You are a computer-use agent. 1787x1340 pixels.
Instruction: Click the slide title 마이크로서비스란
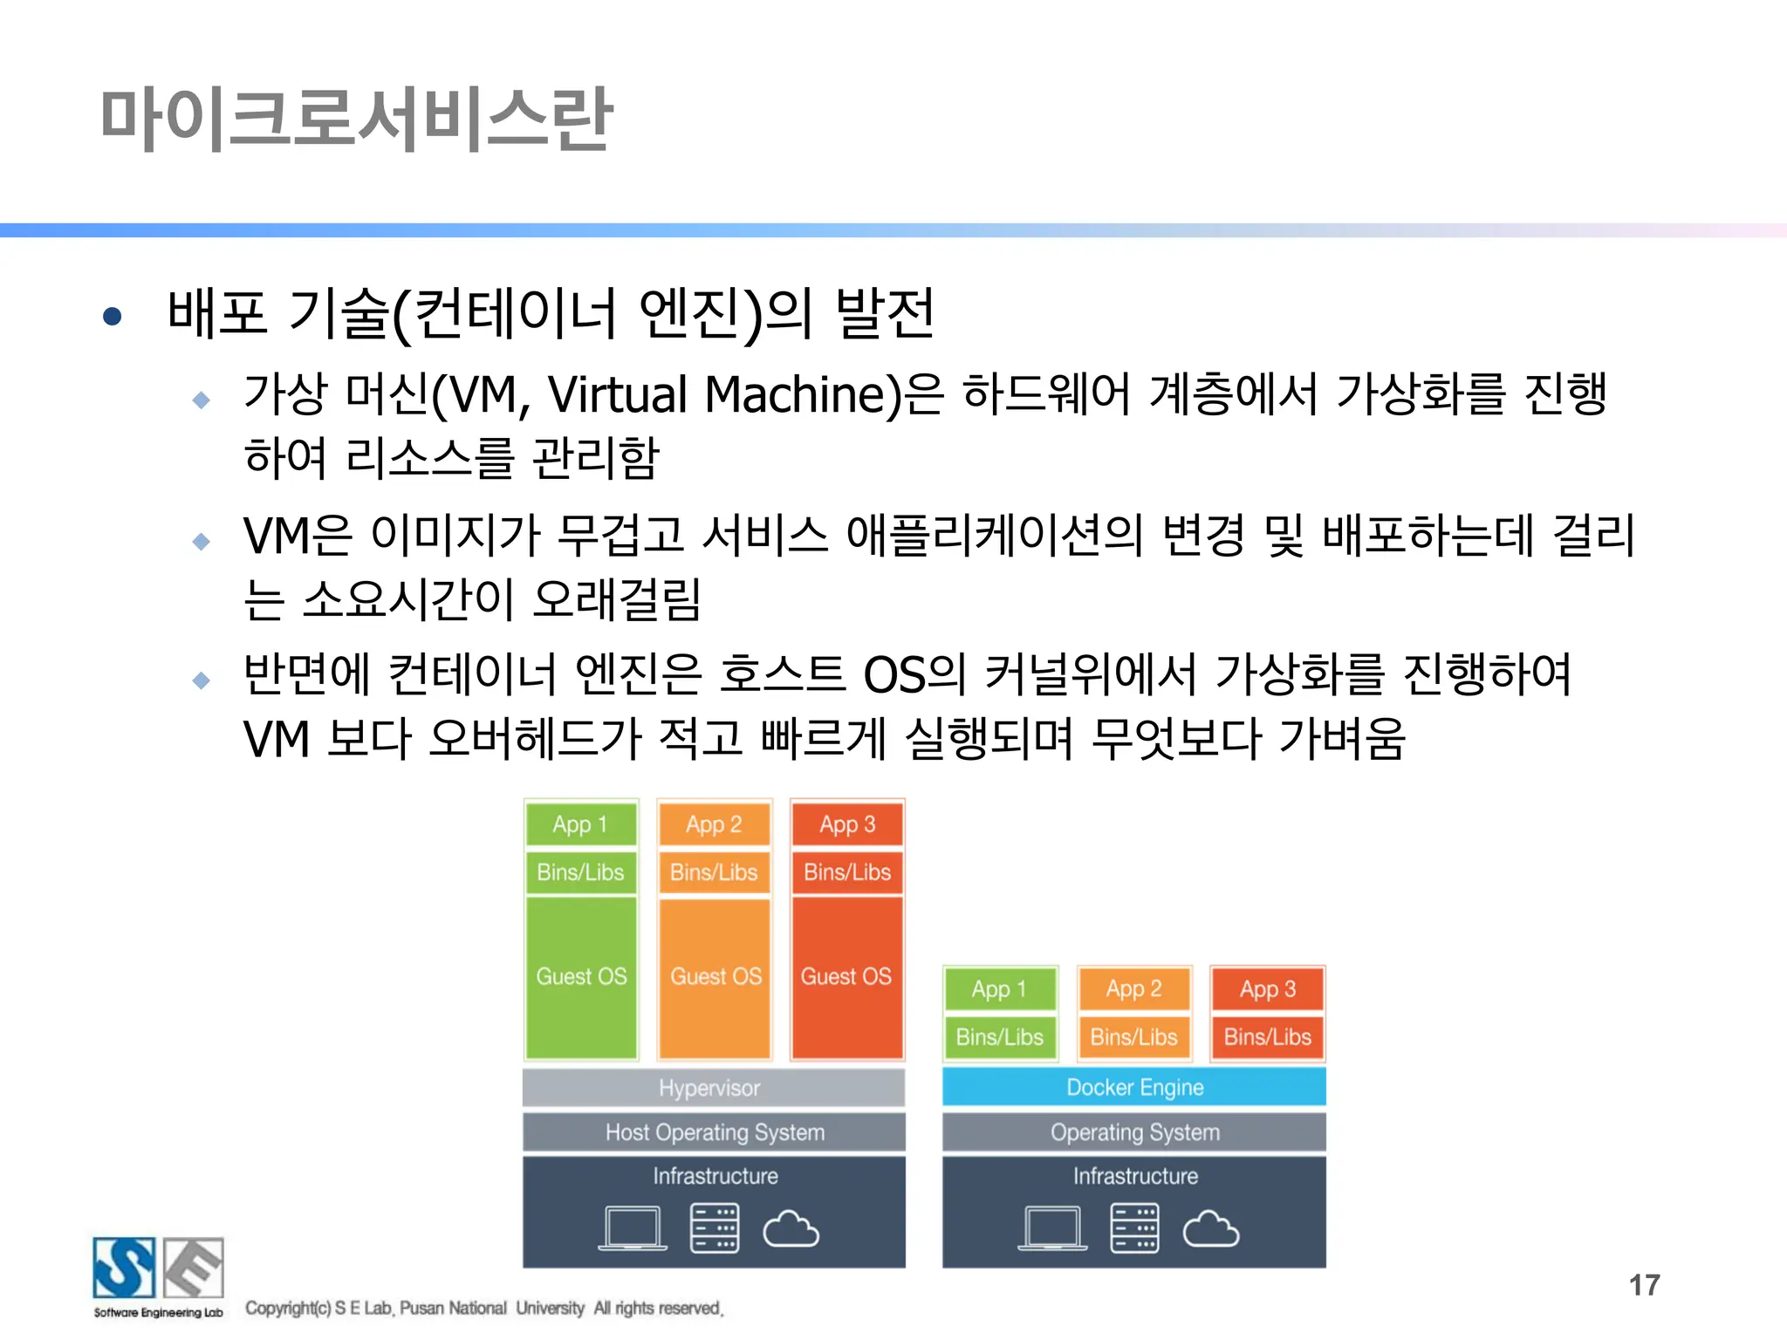click(x=356, y=119)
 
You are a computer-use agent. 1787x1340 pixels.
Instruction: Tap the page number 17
click(x=1644, y=1285)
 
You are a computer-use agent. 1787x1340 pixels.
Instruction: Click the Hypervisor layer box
click(x=713, y=1088)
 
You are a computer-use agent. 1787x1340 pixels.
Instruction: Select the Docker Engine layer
click(x=1133, y=1087)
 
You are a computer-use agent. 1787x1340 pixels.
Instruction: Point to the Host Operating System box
click(x=713, y=1132)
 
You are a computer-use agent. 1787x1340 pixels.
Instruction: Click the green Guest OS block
click(x=581, y=977)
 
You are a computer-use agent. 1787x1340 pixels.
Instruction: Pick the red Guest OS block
click(x=846, y=977)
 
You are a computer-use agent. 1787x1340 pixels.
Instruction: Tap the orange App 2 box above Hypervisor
click(x=714, y=824)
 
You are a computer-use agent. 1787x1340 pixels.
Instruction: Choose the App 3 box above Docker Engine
click(x=1267, y=989)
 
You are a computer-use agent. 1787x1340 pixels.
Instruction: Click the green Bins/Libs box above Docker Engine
click(x=1000, y=1037)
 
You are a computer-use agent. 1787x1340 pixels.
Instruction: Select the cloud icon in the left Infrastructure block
click(x=791, y=1230)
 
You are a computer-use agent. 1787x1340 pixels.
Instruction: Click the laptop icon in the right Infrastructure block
click(x=1052, y=1229)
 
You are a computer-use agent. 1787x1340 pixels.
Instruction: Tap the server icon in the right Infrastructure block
click(x=1134, y=1228)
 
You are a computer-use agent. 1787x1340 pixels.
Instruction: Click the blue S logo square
click(x=124, y=1268)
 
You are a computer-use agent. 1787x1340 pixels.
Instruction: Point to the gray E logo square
click(x=194, y=1268)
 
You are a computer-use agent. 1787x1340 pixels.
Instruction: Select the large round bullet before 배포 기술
click(x=112, y=316)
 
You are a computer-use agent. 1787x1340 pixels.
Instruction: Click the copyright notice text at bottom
click(x=484, y=1308)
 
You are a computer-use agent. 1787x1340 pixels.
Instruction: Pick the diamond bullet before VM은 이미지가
click(x=202, y=541)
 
